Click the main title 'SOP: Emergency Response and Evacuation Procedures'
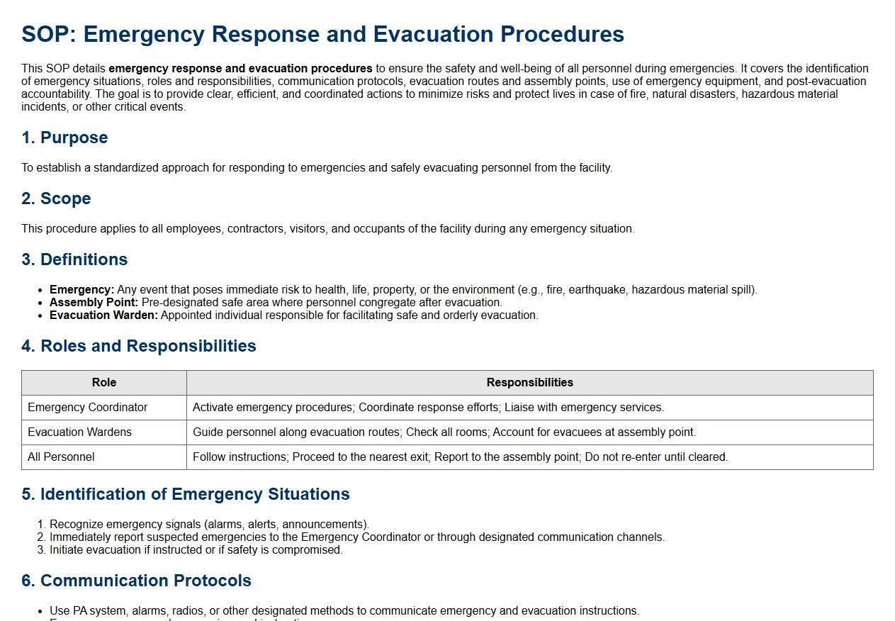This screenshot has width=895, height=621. tap(322, 34)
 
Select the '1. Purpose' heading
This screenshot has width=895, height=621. tap(64, 138)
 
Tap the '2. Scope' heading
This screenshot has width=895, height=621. tap(56, 198)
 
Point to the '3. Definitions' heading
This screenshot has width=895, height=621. tap(74, 259)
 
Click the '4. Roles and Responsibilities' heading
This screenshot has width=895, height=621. tap(139, 346)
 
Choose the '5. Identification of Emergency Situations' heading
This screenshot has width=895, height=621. tap(186, 494)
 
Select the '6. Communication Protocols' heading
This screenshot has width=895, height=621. tap(136, 581)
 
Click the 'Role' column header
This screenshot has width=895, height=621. tap(104, 383)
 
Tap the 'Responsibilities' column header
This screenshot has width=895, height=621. tap(529, 383)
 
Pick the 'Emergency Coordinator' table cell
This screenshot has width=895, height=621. tap(88, 408)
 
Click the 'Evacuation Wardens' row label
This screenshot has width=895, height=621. tap(79, 432)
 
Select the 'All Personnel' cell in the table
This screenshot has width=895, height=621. tap(61, 457)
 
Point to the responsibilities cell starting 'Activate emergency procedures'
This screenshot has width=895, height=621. tap(428, 408)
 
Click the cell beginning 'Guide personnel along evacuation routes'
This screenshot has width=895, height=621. tap(444, 432)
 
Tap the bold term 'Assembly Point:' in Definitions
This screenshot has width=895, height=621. tap(94, 303)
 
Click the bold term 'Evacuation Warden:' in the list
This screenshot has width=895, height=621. tap(103, 315)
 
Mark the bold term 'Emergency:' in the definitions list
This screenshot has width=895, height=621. tap(81, 290)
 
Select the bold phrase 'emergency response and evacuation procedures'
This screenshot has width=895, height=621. tap(240, 69)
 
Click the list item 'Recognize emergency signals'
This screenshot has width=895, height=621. tap(209, 525)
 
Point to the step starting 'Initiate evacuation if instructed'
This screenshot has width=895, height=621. tap(196, 550)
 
